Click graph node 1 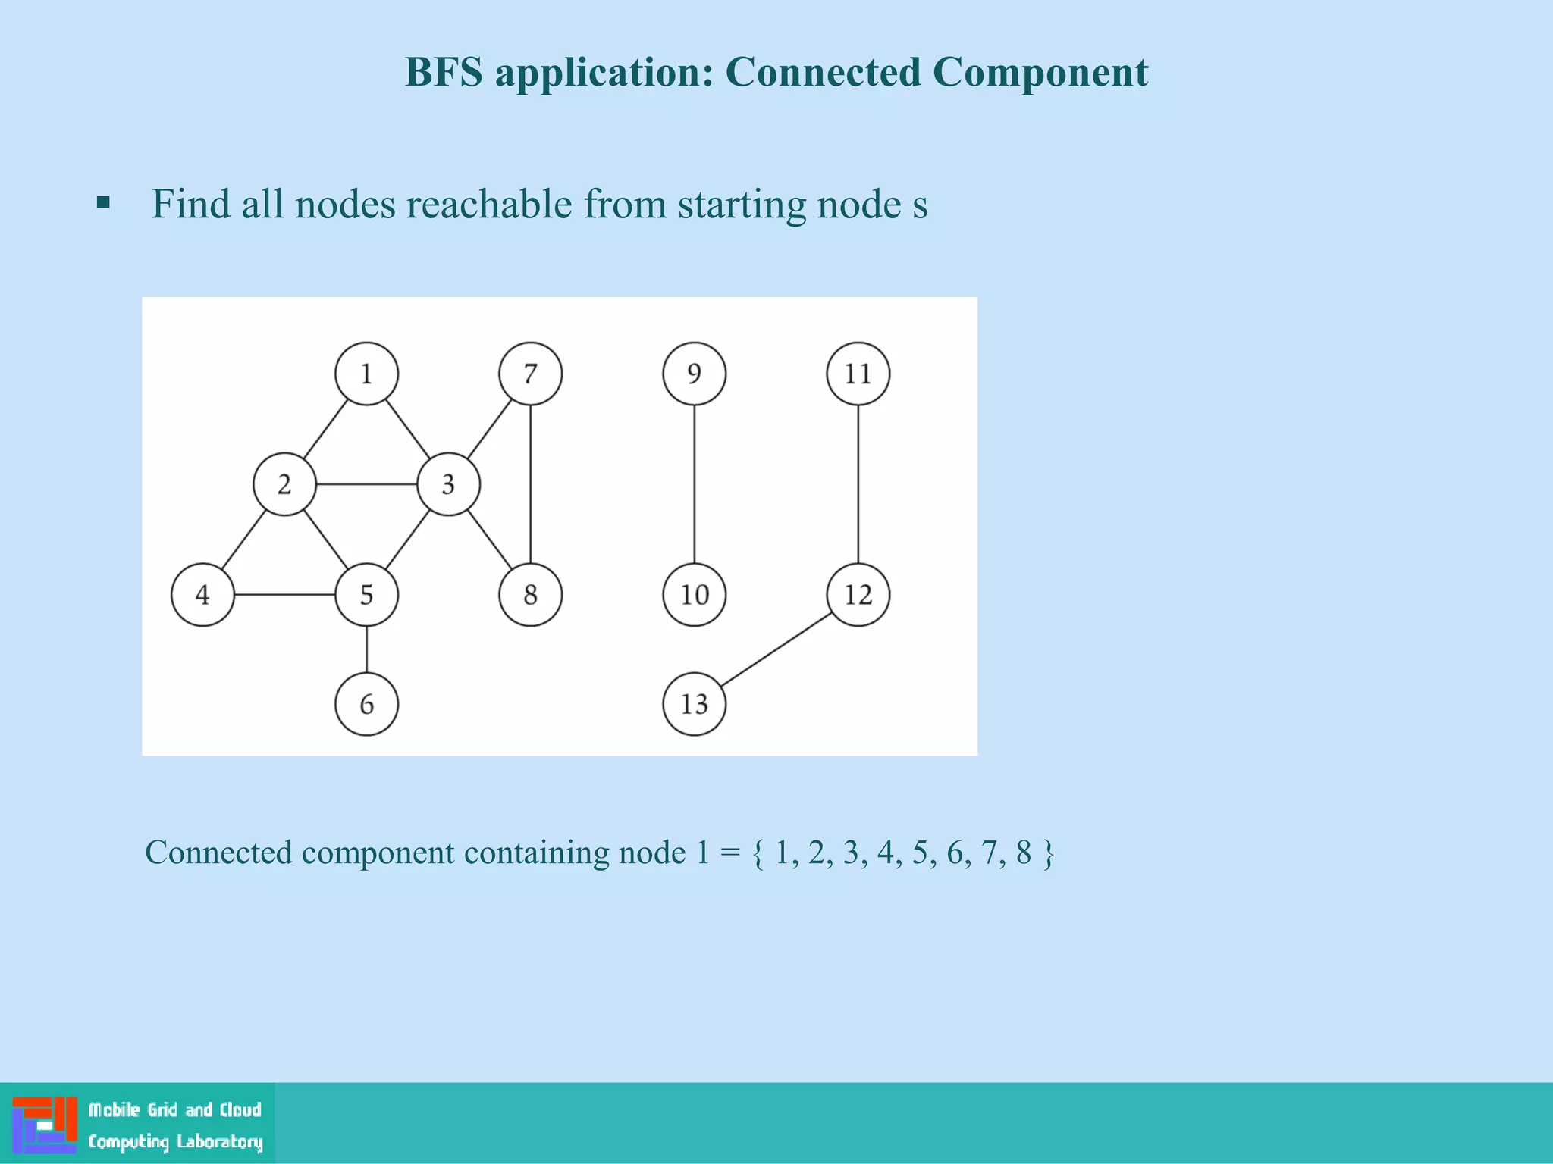coord(366,374)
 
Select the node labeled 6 coord(366,704)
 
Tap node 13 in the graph coord(694,704)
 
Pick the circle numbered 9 coord(694,374)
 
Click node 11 coord(858,374)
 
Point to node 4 coord(202,595)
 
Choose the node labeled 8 coord(530,595)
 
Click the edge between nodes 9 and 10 coord(694,485)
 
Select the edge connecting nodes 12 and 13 coord(776,649)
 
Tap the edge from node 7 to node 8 coord(530,485)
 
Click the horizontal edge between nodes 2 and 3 coord(366,484)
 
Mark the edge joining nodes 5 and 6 coord(366,649)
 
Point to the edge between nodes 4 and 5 coord(284,595)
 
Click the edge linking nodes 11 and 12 coord(858,485)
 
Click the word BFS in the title coord(444,73)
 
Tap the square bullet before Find coord(104,203)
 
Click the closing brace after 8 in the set coord(1048,853)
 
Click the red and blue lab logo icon coord(45,1124)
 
